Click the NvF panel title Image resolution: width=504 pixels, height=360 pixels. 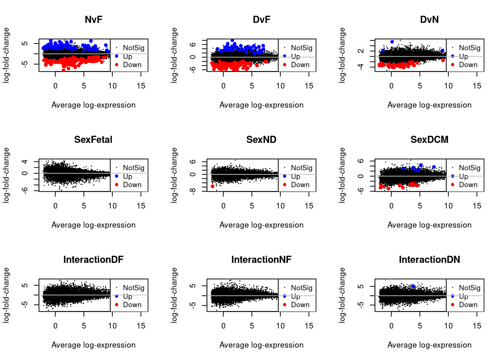pos(93,19)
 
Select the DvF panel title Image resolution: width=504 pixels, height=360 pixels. pos(261,19)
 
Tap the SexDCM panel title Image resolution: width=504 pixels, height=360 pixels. pos(429,139)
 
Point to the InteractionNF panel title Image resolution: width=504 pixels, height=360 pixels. pos(261,259)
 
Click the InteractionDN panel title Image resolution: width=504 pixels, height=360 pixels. pos(429,259)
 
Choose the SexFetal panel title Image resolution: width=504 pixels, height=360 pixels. pos(93,139)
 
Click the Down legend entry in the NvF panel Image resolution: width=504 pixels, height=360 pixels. pos(132,65)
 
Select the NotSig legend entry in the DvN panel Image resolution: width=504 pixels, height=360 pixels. pos(469,48)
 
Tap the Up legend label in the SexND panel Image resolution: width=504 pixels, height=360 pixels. pos(295,176)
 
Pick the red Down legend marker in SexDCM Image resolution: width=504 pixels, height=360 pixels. pos(453,184)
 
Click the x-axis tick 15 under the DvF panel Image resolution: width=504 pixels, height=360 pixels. pos(309,86)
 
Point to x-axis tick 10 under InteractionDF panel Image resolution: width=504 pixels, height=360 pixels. pos(112,326)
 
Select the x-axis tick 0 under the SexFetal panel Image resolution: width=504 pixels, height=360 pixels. pos(55,206)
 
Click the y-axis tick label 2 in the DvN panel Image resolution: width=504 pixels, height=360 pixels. pos(361,51)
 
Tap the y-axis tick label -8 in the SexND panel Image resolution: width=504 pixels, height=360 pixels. pos(193,191)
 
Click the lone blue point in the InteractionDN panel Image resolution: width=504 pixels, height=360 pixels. pos(413,286)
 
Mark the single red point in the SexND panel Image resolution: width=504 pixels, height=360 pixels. pos(213,186)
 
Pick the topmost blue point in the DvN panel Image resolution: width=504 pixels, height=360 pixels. pos(392,42)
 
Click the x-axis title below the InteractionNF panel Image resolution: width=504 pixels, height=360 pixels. pos(261,345)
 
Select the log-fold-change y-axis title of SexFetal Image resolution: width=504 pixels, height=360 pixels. pos(6,175)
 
